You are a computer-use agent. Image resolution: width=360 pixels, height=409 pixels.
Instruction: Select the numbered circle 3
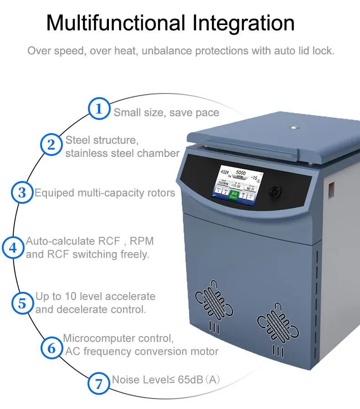pos(22,192)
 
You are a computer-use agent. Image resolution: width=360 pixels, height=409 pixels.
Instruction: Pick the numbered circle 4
pos(13,248)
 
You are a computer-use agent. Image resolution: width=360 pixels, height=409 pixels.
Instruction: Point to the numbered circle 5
pos(22,303)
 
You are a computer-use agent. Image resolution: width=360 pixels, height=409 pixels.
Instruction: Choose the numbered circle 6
pos(52,348)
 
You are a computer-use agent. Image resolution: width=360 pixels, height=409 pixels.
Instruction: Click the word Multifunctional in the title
pos(116,23)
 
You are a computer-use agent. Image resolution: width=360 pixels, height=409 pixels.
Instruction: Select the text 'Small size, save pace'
pos(166,113)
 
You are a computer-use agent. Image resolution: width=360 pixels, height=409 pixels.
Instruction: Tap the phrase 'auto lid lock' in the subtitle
pos(304,50)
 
